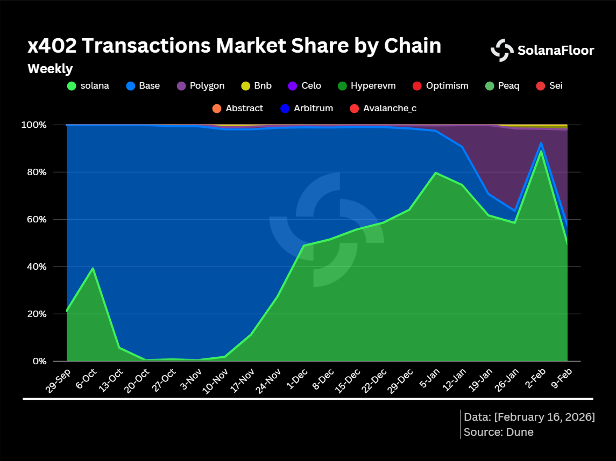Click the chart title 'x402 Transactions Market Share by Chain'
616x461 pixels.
[x=234, y=46]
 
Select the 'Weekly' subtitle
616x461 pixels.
[x=50, y=69]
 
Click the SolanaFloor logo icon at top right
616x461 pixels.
[x=502, y=50]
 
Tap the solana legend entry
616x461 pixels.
[x=88, y=85]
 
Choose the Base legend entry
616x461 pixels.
[x=143, y=85]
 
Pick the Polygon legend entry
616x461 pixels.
[x=201, y=85]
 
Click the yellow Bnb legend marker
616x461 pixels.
[x=245, y=85]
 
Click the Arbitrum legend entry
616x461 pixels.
[x=307, y=108]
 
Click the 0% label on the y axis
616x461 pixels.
[x=40, y=361]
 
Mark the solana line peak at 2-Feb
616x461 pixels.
[x=541, y=150]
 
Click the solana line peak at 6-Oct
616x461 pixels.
[x=93, y=268]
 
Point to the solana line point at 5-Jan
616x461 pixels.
[x=435, y=173]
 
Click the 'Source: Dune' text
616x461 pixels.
[x=499, y=432]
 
